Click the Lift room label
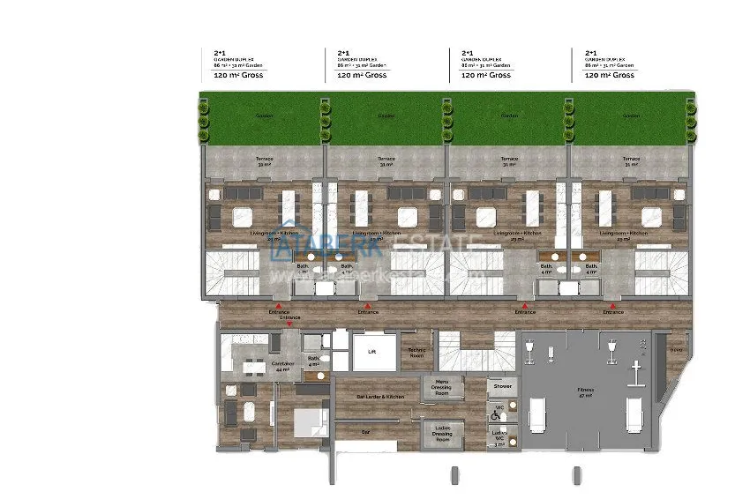pos(371,350)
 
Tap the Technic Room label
pos(416,352)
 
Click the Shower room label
pos(503,386)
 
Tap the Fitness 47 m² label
pos(586,391)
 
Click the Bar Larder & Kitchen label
pos(380,398)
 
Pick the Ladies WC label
pos(500,436)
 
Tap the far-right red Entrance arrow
pos(613,305)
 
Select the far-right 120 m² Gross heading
pos(610,76)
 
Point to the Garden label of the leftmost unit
pos(263,115)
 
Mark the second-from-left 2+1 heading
pos(343,53)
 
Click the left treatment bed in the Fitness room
pos(538,413)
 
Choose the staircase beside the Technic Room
pos(476,352)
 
